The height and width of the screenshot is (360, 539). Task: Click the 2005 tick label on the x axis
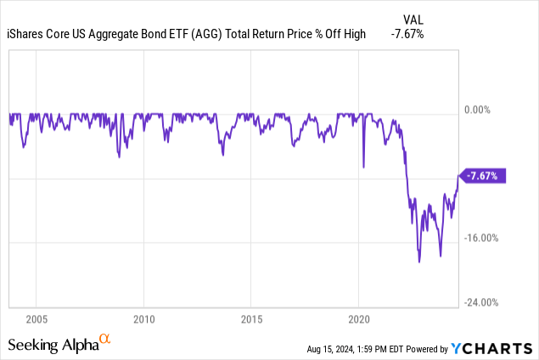pos(36,319)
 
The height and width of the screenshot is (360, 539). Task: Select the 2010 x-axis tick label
pos(143,319)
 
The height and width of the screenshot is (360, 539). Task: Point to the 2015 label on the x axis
pos(250,319)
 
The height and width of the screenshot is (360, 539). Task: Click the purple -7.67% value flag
pos(484,176)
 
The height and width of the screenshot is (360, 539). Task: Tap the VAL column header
pos(412,19)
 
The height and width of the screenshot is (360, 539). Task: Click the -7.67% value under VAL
pos(407,34)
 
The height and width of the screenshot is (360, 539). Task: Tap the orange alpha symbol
pos(105,338)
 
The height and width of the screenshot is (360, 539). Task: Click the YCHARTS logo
pos(493,347)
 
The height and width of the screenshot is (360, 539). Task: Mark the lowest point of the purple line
pos(419,262)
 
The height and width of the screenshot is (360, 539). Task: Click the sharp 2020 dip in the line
pos(363,167)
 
